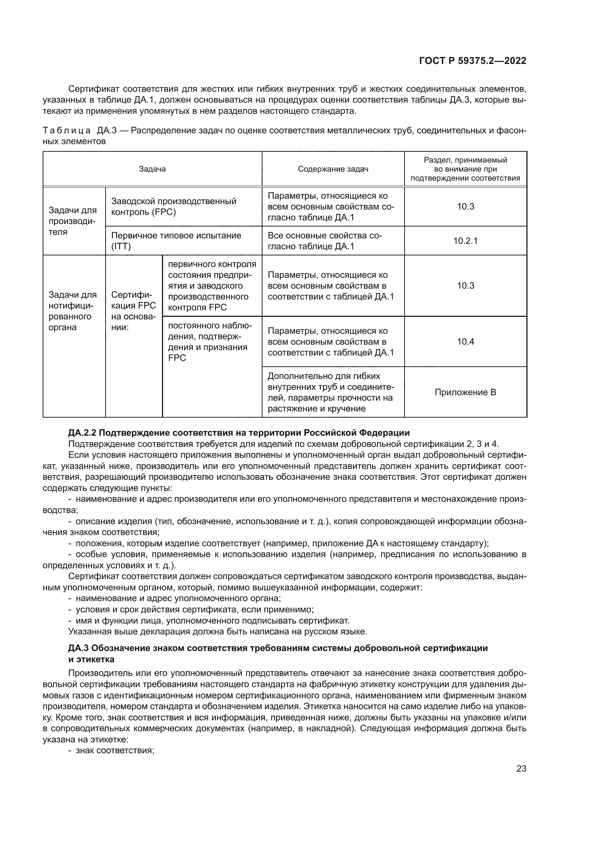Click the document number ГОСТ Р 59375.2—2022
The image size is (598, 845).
pyautogui.click(x=473, y=61)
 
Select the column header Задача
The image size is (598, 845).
pyautogui.click(x=152, y=169)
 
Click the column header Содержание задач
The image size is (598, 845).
pyautogui.click(x=333, y=169)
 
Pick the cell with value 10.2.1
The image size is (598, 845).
pyautogui.click(x=465, y=241)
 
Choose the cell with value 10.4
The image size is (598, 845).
pyautogui.click(x=465, y=341)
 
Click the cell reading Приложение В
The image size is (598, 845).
pyautogui.click(x=465, y=392)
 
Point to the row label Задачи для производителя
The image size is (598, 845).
pyautogui.click(x=73, y=221)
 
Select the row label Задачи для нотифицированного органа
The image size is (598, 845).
pyautogui.click(x=73, y=311)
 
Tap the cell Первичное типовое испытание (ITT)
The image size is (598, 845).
pyautogui.click(x=176, y=241)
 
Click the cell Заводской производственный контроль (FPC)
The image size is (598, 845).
pyautogui.click(x=174, y=207)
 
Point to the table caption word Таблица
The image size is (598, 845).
pyautogui.click(x=67, y=130)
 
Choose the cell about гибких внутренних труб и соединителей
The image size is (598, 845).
pyautogui.click(x=330, y=392)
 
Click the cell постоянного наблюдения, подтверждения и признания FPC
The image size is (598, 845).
pyautogui.click(x=210, y=341)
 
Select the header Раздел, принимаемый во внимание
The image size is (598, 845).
pyautogui.click(x=465, y=169)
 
